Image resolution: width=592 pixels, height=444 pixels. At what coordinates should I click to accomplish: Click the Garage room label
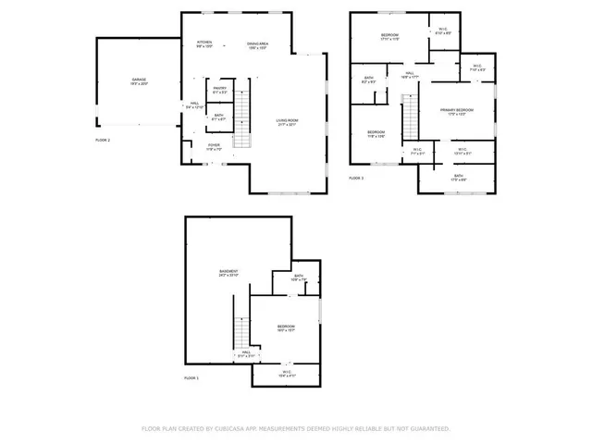click(140, 81)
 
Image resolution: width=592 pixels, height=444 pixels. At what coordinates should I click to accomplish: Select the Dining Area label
click(258, 45)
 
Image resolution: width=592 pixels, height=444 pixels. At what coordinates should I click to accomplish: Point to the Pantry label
click(219, 91)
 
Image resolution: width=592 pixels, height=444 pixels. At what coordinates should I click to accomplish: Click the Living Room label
click(287, 122)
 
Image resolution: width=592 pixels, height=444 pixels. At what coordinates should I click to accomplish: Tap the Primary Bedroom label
click(457, 112)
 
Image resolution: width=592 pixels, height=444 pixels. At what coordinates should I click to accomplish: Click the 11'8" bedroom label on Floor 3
click(376, 134)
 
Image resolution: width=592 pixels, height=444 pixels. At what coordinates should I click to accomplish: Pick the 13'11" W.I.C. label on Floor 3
click(462, 151)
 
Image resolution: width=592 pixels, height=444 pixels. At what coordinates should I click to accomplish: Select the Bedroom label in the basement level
click(286, 328)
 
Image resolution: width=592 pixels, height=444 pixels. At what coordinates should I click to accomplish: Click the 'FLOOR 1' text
click(191, 379)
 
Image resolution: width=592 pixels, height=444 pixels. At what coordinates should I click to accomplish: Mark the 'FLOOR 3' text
click(356, 178)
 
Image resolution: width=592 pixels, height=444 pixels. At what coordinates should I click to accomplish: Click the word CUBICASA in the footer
click(231, 429)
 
